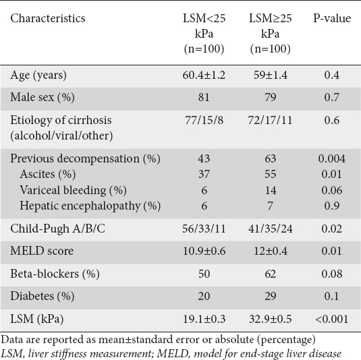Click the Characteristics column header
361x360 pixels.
point(48,18)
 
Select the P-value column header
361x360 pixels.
point(332,18)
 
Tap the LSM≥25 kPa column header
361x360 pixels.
point(271,34)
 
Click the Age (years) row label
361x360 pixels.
point(38,76)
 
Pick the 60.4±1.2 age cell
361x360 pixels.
point(204,76)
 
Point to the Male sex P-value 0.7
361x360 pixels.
point(332,97)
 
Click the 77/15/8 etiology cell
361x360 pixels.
point(204,120)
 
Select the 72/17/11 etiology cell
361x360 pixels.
point(271,120)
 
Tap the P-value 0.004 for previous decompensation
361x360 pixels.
point(332,158)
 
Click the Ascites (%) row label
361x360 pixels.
point(48,174)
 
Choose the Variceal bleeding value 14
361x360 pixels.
point(271,191)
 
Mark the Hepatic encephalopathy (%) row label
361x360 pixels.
point(90,206)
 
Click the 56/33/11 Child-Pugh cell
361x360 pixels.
point(204,229)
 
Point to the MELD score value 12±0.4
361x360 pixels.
point(271,251)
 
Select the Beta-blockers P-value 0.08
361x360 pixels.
point(332,274)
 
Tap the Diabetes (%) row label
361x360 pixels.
point(42,296)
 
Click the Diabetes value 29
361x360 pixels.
point(271,296)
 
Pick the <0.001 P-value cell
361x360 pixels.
point(332,319)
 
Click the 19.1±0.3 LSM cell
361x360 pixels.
point(204,319)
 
